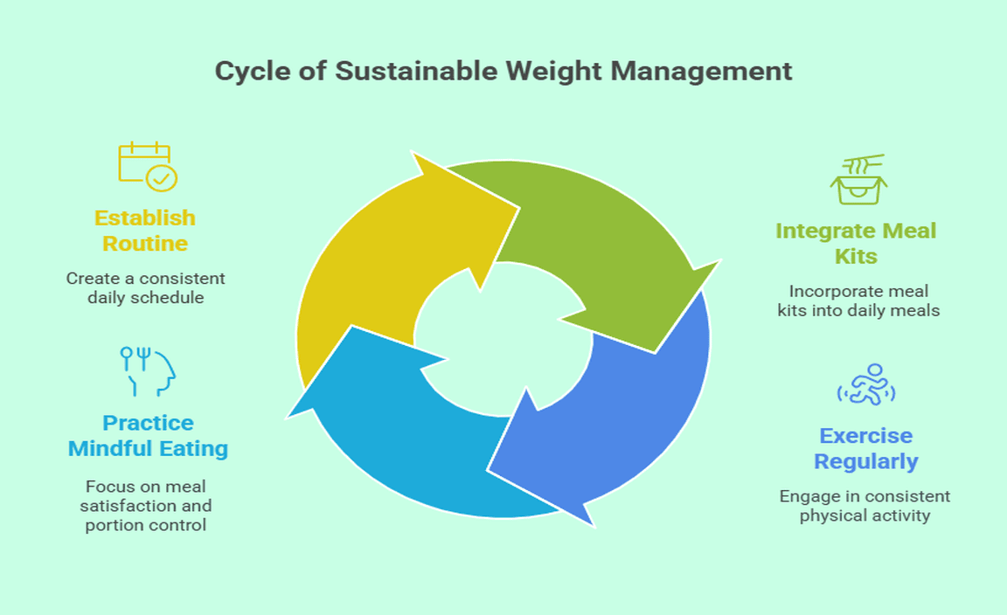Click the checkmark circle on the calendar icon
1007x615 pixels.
click(x=162, y=178)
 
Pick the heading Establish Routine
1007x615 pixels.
click(x=145, y=231)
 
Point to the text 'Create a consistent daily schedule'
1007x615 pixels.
click(x=145, y=287)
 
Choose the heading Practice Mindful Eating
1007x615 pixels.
click(x=148, y=436)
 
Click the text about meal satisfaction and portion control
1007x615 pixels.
click(x=148, y=506)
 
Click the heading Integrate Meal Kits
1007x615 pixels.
click(x=856, y=244)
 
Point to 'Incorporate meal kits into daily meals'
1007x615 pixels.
click(x=858, y=301)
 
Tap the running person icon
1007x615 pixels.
click(x=866, y=384)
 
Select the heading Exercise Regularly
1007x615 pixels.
click(x=865, y=448)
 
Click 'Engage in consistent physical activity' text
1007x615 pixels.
click(x=865, y=506)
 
